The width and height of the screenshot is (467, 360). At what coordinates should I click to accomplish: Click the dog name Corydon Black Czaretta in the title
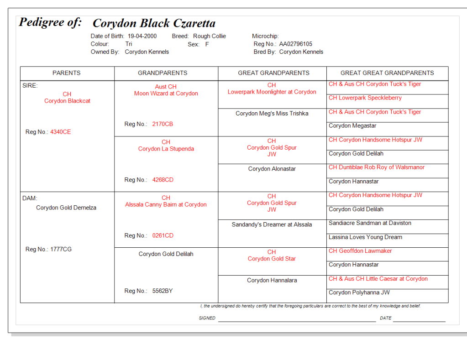(x=154, y=23)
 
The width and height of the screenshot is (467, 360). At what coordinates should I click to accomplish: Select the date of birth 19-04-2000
(x=142, y=36)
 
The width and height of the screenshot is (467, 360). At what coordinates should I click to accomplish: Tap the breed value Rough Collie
(x=209, y=36)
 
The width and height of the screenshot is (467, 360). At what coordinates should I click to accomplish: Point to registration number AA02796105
(x=295, y=44)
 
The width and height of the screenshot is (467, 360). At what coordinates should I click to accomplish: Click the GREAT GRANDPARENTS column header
(x=273, y=73)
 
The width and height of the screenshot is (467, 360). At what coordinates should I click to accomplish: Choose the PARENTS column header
(x=67, y=73)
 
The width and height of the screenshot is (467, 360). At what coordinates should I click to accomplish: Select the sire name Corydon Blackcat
(x=67, y=101)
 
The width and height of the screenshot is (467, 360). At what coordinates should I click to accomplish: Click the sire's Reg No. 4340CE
(x=60, y=132)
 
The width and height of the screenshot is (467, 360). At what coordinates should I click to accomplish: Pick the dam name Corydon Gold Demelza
(x=66, y=208)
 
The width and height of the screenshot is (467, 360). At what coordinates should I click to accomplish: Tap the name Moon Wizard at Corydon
(x=166, y=94)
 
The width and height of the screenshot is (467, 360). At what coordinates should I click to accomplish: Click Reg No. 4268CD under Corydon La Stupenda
(x=163, y=180)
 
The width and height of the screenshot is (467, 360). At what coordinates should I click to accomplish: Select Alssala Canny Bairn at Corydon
(x=166, y=204)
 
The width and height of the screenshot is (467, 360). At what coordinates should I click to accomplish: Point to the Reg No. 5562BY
(x=162, y=291)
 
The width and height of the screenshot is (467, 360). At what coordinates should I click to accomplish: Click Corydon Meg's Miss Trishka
(x=272, y=114)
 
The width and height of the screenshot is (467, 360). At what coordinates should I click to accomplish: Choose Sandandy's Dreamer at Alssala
(x=272, y=224)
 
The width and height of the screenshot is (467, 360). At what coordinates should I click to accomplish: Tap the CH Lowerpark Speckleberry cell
(x=365, y=98)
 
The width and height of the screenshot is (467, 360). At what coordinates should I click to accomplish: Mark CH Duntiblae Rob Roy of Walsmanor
(x=376, y=167)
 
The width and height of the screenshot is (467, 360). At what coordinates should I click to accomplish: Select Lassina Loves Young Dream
(x=365, y=237)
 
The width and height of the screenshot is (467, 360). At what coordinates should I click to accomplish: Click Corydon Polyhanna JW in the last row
(x=359, y=292)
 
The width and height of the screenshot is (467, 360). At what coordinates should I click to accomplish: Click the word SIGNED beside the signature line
(x=207, y=318)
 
